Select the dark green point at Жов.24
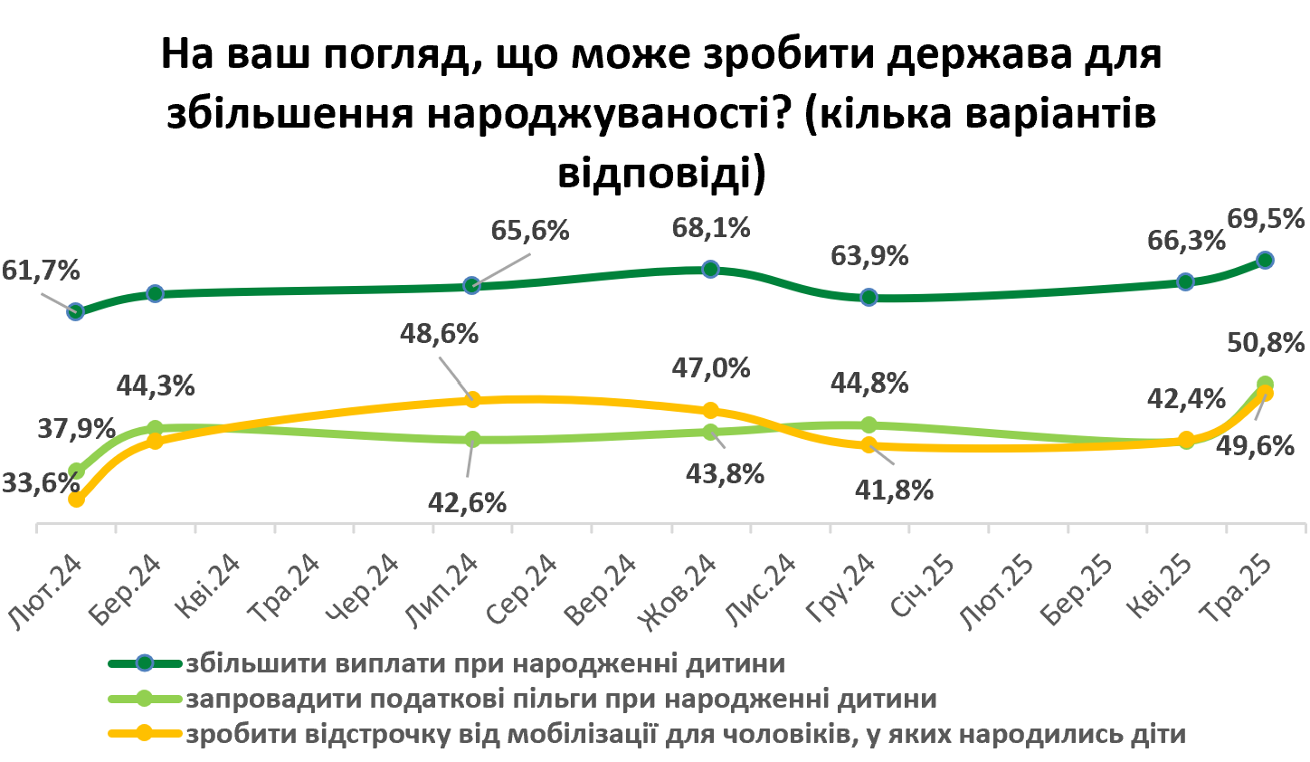pyautogui.click(x=710, y=269)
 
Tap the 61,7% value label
pyautogui.click(x=41, y=271)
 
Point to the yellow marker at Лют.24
pyautogui.click(x=76, y=499)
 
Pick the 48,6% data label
pyautogui.click(x=439, y=334)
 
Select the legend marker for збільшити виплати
pyautogui.click(x=145, y=663)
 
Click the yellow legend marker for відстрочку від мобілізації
pyautogui.click(x=145, y=734)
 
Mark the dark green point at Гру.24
pyautogui.click(x=869, y=297)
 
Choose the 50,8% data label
pyautogui.click(x=1265, y=343)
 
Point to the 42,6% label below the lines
pyautogui.click(x=467, y=502)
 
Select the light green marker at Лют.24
pyautogui.click(x=77, y=471)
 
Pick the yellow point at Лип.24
pyautogui.click(x=471, y=400)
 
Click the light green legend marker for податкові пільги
pyautogui.click(x=145, y=699)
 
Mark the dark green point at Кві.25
pyautogui.click(x=1186, y=281)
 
